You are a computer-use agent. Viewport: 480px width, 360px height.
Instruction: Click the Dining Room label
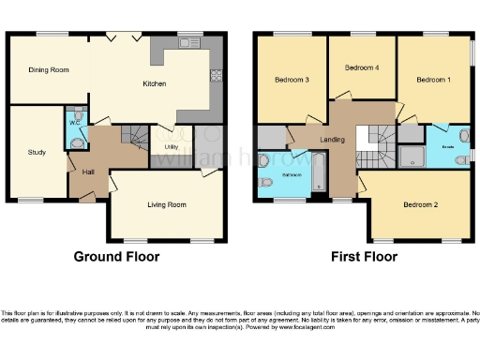(49, 69)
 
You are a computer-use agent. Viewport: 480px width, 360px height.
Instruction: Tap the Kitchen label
(155, 83)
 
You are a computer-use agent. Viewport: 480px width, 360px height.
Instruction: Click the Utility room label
(171, 146)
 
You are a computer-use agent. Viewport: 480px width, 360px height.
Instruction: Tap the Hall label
(88, 172)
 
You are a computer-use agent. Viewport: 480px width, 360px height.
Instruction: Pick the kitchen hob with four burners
(216, 75)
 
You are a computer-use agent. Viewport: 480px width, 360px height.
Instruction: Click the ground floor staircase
(137, 141)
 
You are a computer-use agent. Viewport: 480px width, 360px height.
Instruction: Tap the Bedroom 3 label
(293, 80)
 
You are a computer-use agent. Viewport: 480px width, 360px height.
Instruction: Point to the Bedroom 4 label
(362, 67)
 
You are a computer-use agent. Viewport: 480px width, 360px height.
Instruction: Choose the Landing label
(331, 140)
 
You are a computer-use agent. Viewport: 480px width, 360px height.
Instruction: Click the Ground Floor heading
(116, 256)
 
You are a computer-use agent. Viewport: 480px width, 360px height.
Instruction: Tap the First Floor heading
(363, 256)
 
